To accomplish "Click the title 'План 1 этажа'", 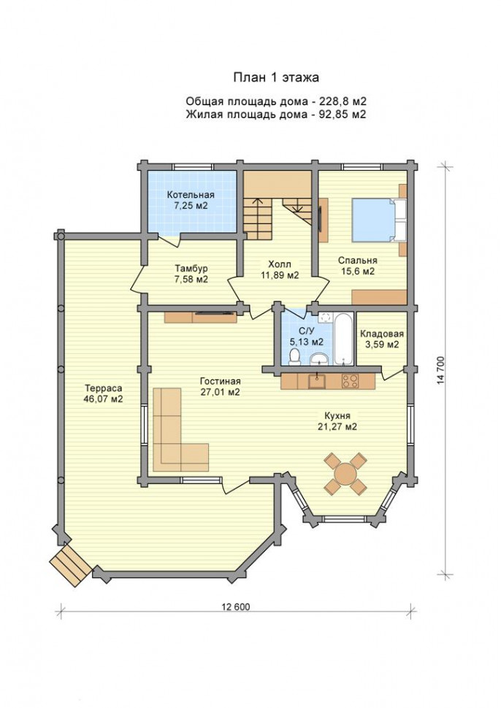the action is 276,77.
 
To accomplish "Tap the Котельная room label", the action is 191,195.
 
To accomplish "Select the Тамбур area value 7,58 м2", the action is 191,280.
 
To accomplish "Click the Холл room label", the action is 280,263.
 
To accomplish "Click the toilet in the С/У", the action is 294,357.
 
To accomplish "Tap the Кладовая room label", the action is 382,334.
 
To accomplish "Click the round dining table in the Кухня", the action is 345,474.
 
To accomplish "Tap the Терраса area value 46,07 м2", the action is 104,399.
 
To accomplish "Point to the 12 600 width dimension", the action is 235,607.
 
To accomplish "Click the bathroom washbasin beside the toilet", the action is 321,359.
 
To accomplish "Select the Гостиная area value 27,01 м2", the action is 220,392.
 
